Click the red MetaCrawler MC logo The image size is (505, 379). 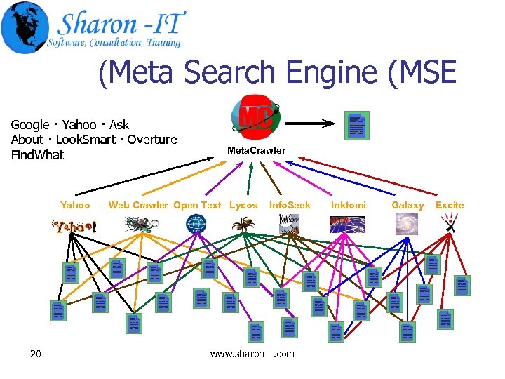click(256, 117)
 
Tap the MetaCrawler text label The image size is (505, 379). click(256, 150)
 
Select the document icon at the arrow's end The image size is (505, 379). click(357, 125)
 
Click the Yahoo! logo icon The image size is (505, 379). click(72, 226)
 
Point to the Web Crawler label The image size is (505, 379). click(138, 205)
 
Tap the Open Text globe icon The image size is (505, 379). click(196, 224)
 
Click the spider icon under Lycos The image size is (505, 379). click(244, 224)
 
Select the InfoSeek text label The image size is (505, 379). click(290, 205)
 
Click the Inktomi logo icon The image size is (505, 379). click(347, 224)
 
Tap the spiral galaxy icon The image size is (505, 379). click(406, 223)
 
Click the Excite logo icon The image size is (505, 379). click(450, 223)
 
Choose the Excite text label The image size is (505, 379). click(450, 205)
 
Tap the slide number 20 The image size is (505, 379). click(36, 353)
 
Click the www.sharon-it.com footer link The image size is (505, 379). click(252, 354)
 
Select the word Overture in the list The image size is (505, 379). click(152, 140)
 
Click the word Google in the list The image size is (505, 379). click(30, 125)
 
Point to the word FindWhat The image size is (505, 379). click(37, 155)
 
